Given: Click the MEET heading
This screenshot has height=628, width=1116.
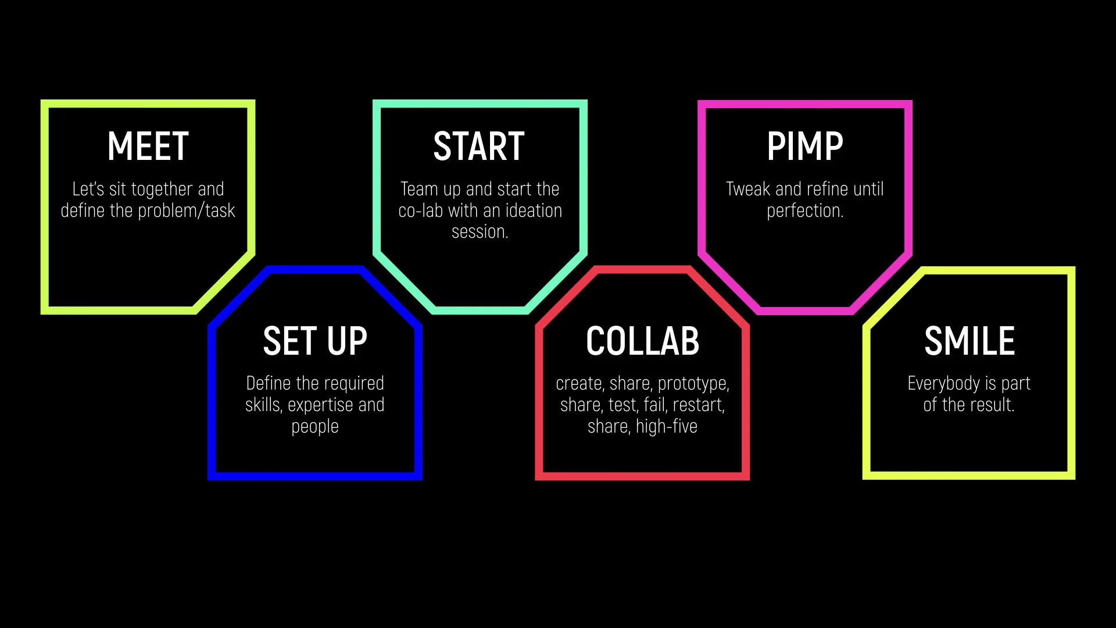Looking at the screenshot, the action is [148, 146].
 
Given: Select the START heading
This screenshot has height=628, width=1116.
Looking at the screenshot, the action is [479, 146].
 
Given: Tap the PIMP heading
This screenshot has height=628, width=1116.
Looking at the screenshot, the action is [804, 146].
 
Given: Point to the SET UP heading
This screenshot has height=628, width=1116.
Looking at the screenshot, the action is [315, 341].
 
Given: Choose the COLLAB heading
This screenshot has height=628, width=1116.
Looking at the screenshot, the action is [642, 341].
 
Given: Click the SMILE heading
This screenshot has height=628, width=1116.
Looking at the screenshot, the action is [969, 341].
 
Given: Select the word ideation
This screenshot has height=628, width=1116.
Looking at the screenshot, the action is [534, 210].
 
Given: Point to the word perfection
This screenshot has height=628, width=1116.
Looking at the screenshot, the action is [804, 210].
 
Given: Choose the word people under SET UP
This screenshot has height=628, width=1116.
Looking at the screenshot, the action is [315, 427].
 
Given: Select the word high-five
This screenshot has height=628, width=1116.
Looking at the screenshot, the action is [666, 427].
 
